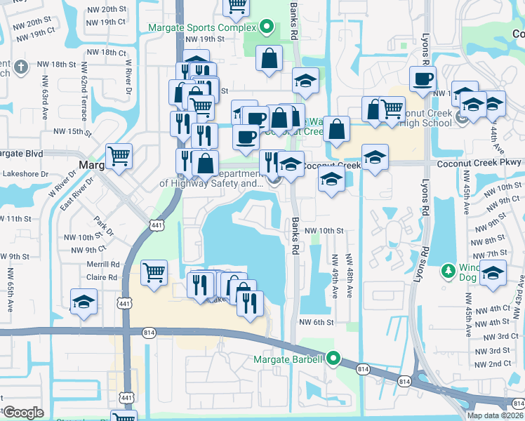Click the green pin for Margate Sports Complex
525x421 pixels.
(266, 29)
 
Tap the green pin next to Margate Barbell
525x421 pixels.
(334, 360)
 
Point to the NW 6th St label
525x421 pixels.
(314, 322)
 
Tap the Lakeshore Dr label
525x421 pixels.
(25, 173)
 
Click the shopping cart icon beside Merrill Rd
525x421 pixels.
(154, 272)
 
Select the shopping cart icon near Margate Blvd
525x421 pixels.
(119, 156)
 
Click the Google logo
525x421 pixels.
(23, 413)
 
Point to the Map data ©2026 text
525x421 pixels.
(495, 415)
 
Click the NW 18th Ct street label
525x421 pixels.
(104, 53)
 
